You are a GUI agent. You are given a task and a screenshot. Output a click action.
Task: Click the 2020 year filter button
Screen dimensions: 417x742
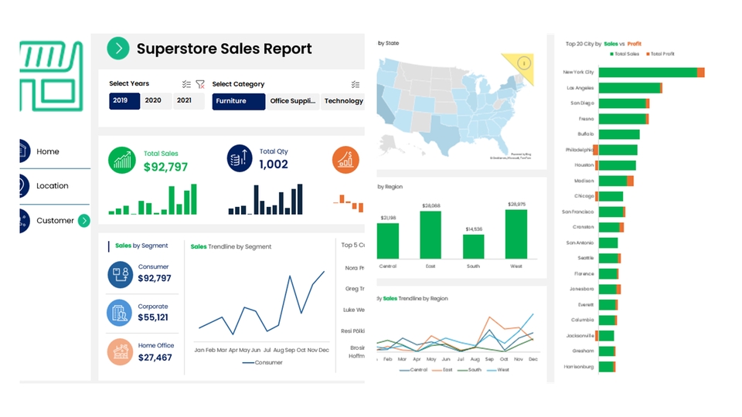(153, 100)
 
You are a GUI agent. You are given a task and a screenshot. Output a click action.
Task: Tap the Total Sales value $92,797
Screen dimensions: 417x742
(165, 166)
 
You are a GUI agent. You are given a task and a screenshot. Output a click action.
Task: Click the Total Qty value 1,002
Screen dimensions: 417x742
(273, 164)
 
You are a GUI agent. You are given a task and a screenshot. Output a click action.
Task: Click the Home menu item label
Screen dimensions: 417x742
(48, 151)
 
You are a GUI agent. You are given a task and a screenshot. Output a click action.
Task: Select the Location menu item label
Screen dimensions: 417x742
(53, 186)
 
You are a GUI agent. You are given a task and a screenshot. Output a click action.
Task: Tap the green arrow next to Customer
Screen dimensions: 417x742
(84, 221)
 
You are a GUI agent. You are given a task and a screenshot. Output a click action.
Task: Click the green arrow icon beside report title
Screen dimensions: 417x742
(117, 49)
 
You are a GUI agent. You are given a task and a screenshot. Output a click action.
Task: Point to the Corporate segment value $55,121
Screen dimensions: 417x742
(153, 317)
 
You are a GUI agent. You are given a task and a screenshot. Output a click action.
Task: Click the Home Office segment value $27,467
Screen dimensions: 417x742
(155, 358)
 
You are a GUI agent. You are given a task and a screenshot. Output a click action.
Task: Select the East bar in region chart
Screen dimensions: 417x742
(431, 235)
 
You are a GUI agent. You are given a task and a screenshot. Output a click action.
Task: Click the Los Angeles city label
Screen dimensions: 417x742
(580, 88)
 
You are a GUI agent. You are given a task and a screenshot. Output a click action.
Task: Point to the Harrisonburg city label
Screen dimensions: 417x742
(578, 367)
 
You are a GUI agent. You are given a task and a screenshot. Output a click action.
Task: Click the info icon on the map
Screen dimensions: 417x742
(524, 63)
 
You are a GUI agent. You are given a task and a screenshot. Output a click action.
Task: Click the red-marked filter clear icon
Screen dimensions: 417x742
(200, 84)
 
